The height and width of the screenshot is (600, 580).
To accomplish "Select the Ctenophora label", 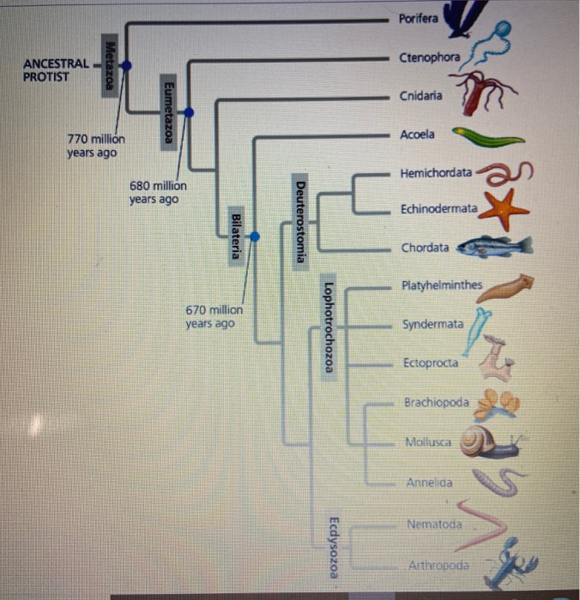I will (429, 57).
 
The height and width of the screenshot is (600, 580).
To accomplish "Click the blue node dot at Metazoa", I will (127, 65).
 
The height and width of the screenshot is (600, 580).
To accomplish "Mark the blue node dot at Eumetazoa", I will (190, 112).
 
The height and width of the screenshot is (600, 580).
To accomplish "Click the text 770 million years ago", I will (95, 146).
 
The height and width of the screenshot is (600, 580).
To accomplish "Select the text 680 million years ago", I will (158, 192).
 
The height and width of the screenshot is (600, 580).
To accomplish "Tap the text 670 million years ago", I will (214, 316).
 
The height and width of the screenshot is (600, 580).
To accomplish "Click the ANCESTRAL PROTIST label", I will (57, 69).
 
